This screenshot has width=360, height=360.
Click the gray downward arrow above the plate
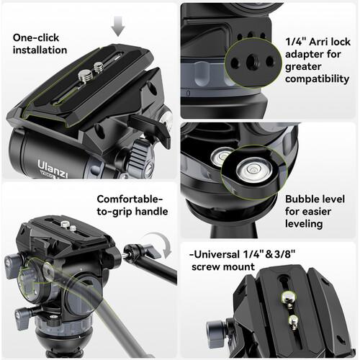(118, 26)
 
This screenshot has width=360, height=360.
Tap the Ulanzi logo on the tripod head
(53, 169)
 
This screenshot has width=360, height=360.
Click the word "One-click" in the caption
(36, 37)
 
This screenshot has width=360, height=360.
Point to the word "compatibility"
(317, 79)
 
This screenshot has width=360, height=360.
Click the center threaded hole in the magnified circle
(253, 62)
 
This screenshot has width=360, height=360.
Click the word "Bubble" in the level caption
(300, 199)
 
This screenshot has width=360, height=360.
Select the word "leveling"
(304, 224)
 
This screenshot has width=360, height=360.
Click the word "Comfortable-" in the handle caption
(130, 199)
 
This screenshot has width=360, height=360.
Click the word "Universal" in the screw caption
(217, 254)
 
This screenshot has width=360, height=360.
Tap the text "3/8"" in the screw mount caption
(284, 254)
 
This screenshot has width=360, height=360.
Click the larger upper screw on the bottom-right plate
(288, 297)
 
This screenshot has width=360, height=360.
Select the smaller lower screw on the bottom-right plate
(293, 320)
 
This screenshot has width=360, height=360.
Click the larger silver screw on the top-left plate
(85, 76)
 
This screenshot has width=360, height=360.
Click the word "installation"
(40, 50)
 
